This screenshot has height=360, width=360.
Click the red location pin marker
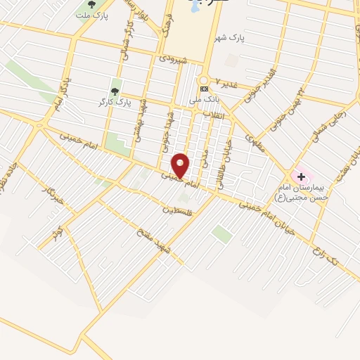[x=181, y=166]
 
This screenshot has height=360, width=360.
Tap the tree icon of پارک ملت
[x=91, y=5]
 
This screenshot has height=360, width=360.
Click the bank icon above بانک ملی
[x=204, y=89]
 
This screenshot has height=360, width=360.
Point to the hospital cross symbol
[x=301, y=175]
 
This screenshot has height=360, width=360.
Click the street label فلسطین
[x=177, y=209]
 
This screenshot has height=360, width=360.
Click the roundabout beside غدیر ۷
[x=204, y=79]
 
